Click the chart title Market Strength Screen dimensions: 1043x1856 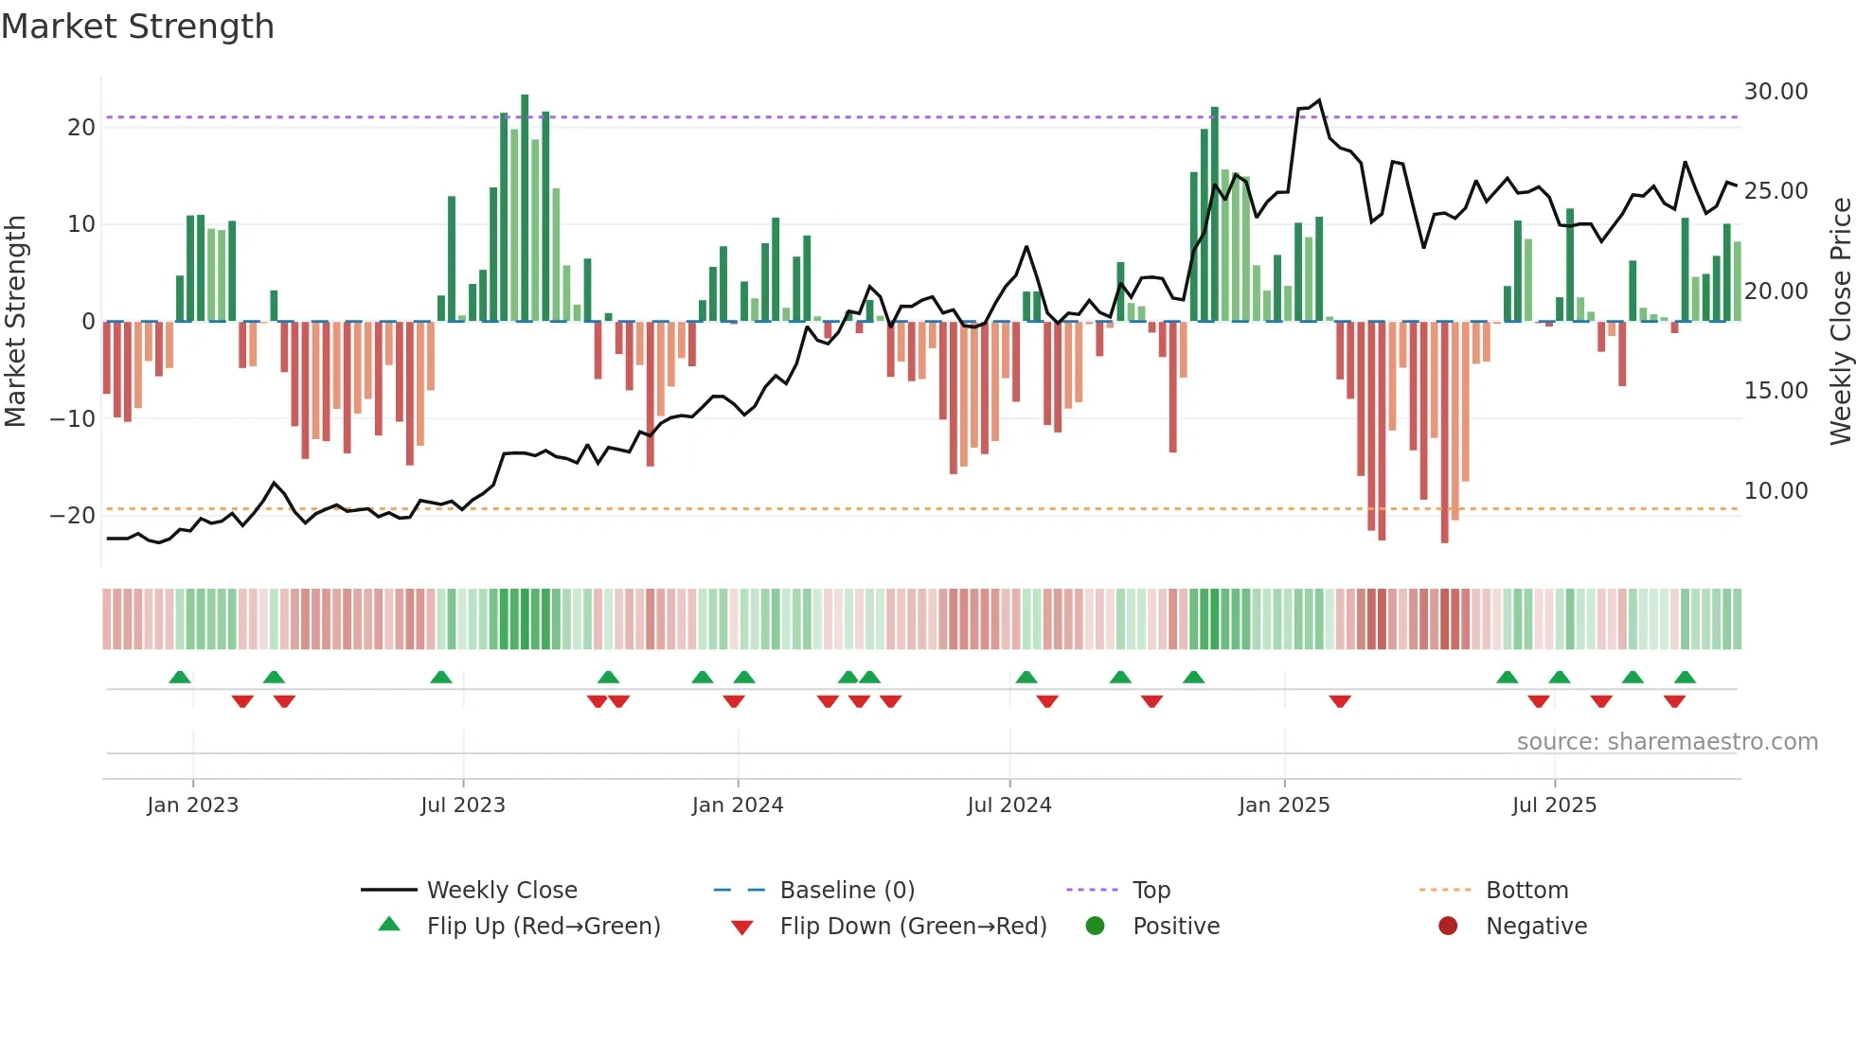point(137,27)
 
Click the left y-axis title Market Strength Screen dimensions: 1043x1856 point(16,321)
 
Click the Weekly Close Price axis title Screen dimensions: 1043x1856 point(1840,321)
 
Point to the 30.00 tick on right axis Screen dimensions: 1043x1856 point(1776,92)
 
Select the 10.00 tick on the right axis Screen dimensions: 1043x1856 point(1776,491)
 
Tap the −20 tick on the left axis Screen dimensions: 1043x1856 point(73,516)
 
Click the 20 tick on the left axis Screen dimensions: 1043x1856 point(81,128)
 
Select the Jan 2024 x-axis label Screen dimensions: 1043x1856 point(738,805)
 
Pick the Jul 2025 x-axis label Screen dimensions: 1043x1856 point(1554,805)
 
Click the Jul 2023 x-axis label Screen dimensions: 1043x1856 point(463,805)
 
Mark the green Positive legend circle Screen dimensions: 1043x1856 point(1096,926)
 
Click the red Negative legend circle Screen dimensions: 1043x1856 point(1448,926)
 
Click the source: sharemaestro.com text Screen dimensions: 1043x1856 point(1667,742)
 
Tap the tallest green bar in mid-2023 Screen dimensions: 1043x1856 point(525,208)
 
